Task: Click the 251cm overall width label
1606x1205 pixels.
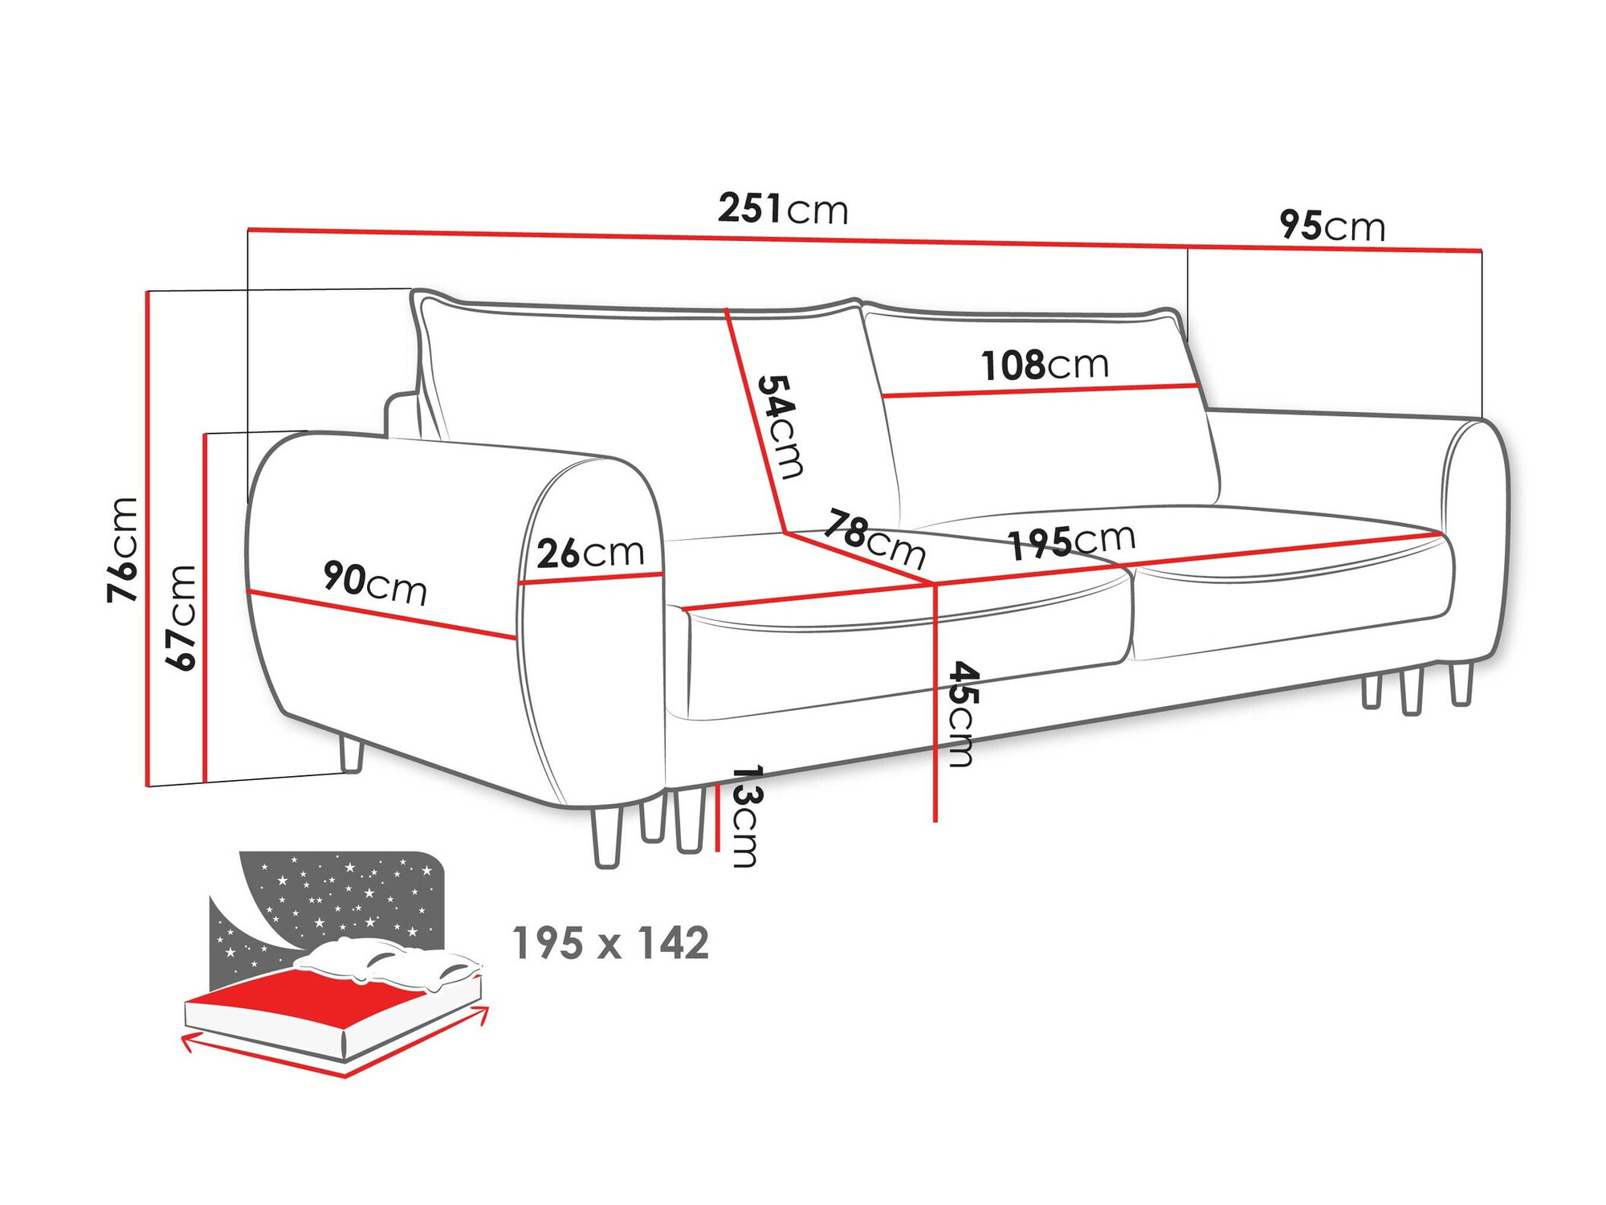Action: point(782,209)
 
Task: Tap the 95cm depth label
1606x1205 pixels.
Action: point(1332,226)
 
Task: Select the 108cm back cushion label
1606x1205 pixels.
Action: point(1045,366)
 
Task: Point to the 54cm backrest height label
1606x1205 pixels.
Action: point(780,427)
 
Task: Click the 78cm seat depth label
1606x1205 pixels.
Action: point(874,537)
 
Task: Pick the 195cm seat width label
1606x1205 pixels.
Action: point(1071,541)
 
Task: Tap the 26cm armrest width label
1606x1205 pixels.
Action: point(590,553)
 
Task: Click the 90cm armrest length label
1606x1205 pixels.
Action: point(374,583)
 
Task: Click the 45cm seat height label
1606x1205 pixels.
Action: point(962,714)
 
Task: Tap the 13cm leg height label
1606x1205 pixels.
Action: point(745,816)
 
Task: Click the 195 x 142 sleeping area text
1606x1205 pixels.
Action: point(610,943)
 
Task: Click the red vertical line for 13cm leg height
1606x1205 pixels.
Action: point(717,819)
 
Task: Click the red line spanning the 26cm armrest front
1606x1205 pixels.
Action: point(590,578)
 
